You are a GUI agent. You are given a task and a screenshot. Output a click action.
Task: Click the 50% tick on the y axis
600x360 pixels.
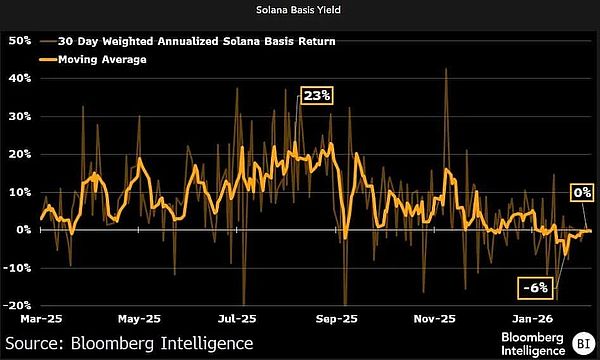20,41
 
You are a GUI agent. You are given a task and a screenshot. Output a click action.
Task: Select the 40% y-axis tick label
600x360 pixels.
20,79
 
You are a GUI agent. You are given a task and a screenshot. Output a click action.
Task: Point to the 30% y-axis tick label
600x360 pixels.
20,116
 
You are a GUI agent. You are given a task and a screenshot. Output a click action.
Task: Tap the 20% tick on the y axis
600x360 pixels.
20,154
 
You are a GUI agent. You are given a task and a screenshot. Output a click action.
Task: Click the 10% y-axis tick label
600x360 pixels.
20,192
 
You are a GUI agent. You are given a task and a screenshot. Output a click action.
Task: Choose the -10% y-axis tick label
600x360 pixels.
18,267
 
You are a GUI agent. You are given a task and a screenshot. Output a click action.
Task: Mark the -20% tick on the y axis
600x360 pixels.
18,305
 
